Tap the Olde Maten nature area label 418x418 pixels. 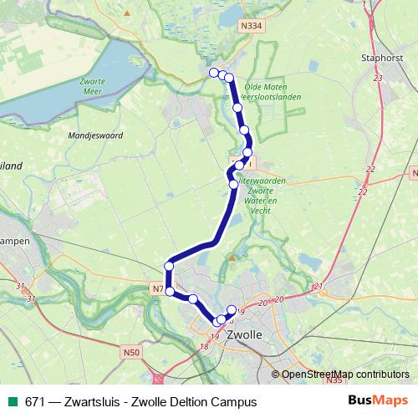pyautogui.click(x=266, y=86)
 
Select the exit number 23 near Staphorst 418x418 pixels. pyautogui.click(x=378, y=78)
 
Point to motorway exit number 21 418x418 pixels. pyautogui.click(x=319, y=287)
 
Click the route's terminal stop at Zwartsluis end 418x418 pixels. pyautogui.click(x=214, y=72)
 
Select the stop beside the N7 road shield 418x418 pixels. pyautogui.click(x=170, y=291)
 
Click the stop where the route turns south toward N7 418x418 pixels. pyautogui.click(x=169, y=266)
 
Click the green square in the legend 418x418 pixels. pyautogui.click(x=10, y=402)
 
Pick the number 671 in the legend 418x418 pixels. pyautogui.click(x=33, y=402)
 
